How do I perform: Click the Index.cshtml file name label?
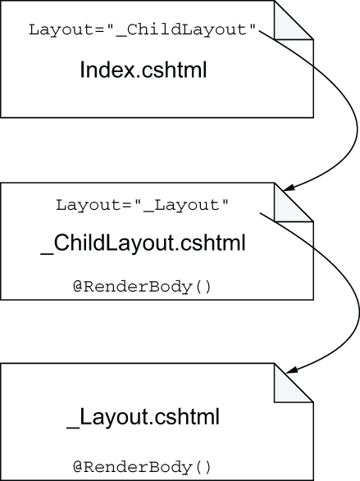143,70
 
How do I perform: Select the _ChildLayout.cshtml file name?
143,243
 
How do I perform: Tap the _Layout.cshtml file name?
143,417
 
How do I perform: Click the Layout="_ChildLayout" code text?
142,30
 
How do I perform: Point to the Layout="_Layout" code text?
142,205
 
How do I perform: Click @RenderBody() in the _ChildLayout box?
142,287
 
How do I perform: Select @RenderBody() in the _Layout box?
142,467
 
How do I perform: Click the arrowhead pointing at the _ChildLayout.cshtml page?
289,188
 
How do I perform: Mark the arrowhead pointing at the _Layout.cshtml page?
290,370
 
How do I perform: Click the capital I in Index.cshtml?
82,70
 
